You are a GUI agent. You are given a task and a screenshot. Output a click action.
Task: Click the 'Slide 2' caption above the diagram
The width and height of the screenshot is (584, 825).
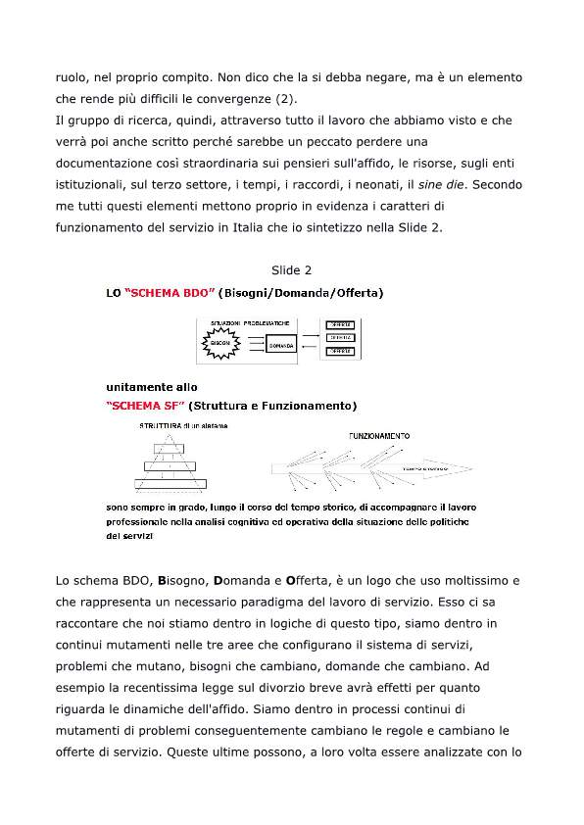[x=291, y=269]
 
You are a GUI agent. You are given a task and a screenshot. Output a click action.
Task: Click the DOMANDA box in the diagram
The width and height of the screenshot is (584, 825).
[x=280, y=346]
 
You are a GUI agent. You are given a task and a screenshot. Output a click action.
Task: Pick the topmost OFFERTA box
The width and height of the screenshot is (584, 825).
[x=340, y=325]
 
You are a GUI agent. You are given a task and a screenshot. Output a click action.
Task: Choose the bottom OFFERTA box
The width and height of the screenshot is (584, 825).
[x=340, y=350]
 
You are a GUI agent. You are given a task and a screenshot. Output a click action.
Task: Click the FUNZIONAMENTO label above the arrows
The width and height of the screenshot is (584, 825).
[x=379, y=435]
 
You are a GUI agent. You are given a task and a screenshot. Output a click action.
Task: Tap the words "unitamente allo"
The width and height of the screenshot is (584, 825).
[x=151, y=388]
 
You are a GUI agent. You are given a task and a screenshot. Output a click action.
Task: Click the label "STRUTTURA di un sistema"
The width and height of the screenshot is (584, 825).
[x=183, y=425]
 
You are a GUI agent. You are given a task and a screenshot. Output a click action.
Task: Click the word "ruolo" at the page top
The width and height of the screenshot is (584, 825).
[x=71, y=75]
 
